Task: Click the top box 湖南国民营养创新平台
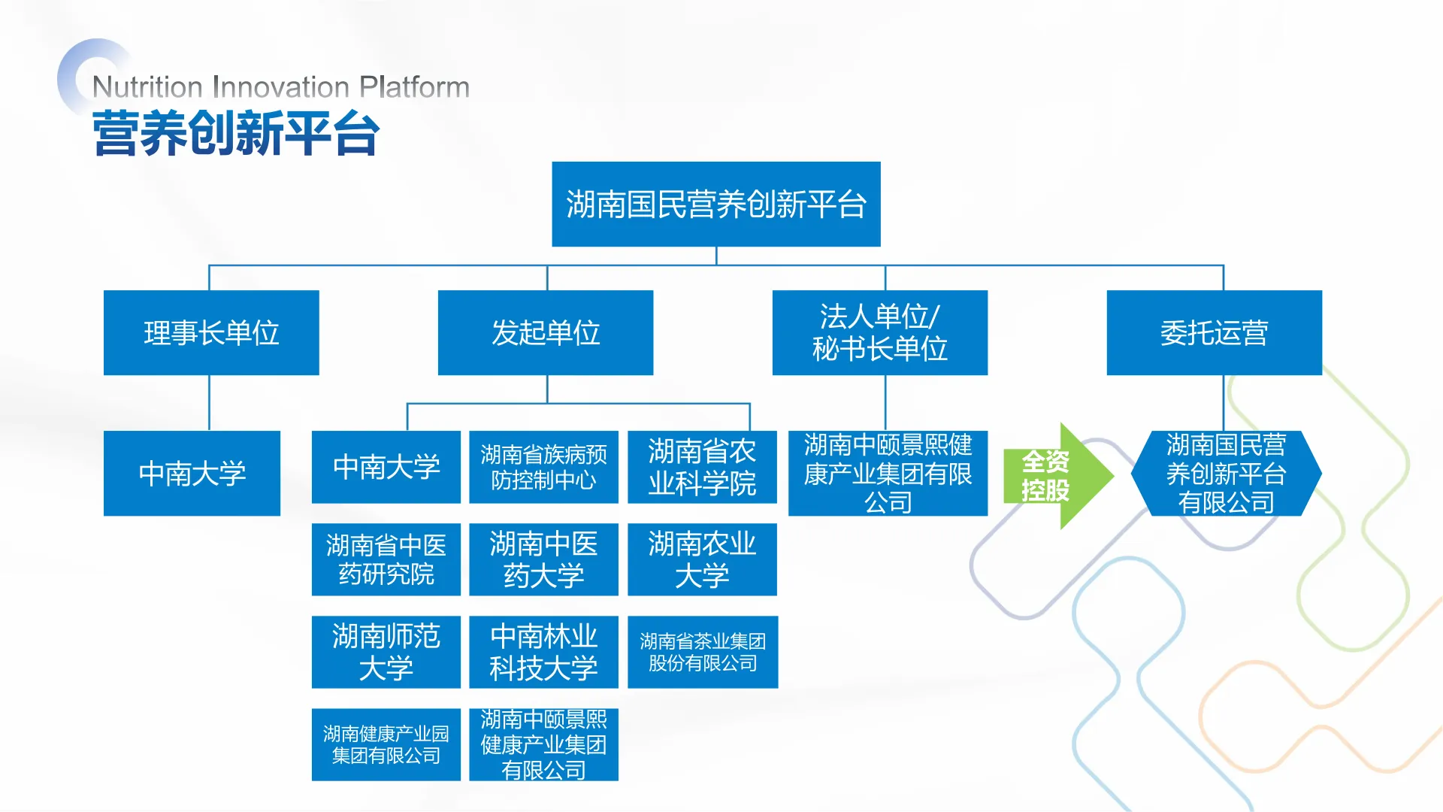click(715, 204)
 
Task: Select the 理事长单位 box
click(211, 332)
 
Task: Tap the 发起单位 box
click(546, 332)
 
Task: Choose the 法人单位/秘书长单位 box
click(879, 332)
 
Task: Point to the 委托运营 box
click(1214, 332)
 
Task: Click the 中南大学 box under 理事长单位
click(192, 473)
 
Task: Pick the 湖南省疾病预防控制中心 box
click(543, 467)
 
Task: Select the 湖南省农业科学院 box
click(702, 467)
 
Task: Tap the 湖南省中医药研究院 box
click(386, 559)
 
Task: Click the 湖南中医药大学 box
click(543, 559)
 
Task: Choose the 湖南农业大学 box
click(702, 559)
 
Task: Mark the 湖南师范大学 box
click(386, 652)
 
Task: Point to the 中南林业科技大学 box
click(543, 652)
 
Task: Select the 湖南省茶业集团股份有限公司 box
click(703, 652)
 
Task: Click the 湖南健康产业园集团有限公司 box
click(386, 744)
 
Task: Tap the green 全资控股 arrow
click(1052, 475)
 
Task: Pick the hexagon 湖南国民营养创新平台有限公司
click(1226, 473)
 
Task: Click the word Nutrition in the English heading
click(147, 87)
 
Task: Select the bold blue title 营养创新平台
click(236, 134)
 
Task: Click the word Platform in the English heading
click(414, 87)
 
